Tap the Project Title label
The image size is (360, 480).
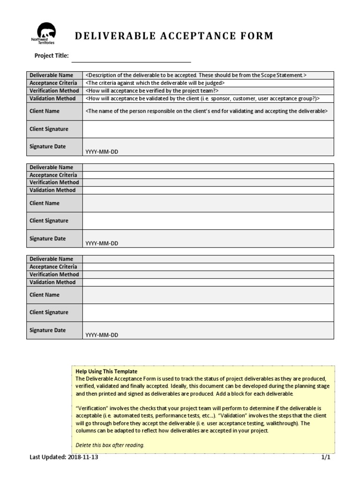coord(52,56)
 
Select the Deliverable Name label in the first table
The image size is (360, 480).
coord(52,75)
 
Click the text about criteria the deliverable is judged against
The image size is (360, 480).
coord(155,83)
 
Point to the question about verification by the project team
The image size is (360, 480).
coord(152,90)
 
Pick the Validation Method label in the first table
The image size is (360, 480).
coord(52,98)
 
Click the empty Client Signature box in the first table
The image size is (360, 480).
coord(208,129)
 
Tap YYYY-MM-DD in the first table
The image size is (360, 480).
coord(102,151)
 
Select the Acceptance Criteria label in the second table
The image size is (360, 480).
coord(53,175)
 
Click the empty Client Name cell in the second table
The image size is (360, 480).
coord(208,203)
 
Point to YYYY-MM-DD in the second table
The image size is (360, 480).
coord(102,243)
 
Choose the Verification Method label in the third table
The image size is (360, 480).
coord(54,274)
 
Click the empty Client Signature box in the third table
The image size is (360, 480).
coord(208,312)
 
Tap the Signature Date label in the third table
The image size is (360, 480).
coord(48,330)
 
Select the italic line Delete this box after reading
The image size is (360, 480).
coord(110,445)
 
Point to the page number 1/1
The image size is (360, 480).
coord(326,458)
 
